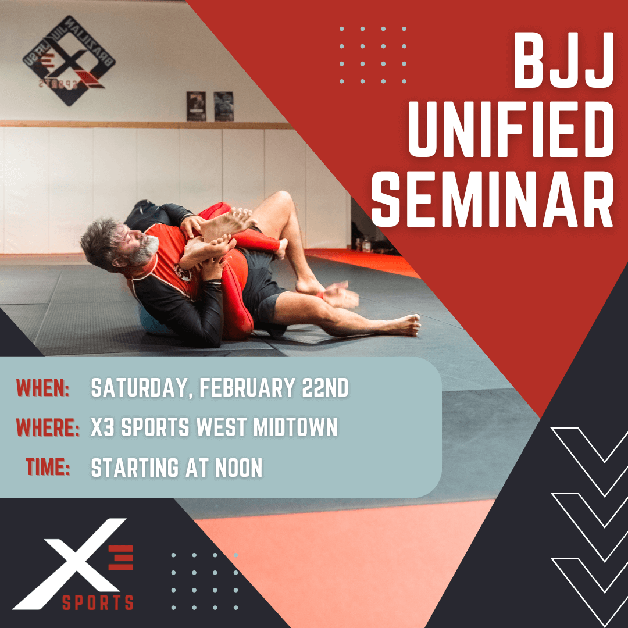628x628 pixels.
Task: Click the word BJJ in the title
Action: click(563, 60)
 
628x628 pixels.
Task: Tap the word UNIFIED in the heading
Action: click(511, 129)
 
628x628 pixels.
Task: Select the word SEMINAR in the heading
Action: click(493, 199)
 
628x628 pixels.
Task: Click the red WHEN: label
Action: click(43, 388)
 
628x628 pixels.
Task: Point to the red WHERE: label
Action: click(48, 427)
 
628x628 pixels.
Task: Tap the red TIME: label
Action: click(48, 467)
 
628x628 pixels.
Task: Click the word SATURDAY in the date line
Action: click(140, 388)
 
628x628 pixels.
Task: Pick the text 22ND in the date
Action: click(325, 388)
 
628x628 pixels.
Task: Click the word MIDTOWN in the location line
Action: click(295, 427)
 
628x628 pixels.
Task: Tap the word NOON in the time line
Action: click(239, 468)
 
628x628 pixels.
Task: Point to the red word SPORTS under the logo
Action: click(98, 602)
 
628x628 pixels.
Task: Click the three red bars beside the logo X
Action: click(120, 558)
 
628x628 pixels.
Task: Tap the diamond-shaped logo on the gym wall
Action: click(69, 60)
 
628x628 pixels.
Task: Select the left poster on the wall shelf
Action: click(197, 106)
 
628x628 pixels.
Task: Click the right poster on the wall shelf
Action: click(223, 106)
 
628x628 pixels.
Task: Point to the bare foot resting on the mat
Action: click(402, 324)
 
